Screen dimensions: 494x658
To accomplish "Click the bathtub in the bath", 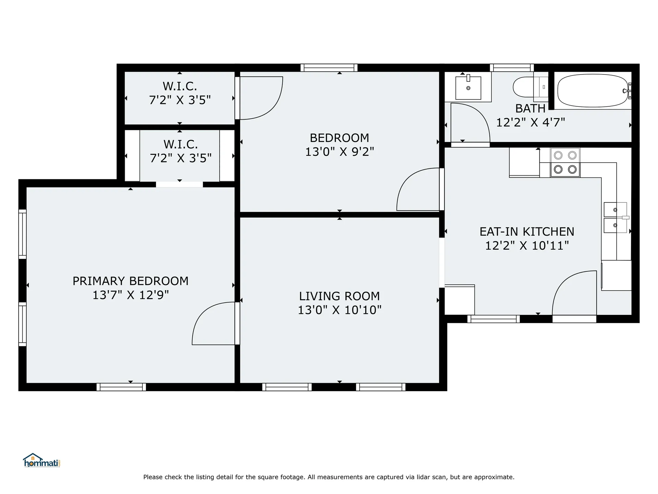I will [x=593, y=91].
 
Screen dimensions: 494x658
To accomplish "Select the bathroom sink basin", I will [x=468, y=88].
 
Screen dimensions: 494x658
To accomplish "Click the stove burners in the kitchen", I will [x=565, y=162].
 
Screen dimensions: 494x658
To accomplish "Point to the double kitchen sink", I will [x=615, y=217].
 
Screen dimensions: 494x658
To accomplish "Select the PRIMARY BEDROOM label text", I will [x=131, y=281].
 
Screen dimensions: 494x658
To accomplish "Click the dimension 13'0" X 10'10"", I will [x=339, y=310].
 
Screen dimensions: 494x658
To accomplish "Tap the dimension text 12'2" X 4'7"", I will [x=531, y=122].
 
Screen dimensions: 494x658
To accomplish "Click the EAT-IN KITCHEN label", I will [x=527, y=232].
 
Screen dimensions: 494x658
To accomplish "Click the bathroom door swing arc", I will [x=470, y=122].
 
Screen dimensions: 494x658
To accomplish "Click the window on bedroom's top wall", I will [x=329, y=68].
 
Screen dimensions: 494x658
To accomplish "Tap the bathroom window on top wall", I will [x=512, y=68].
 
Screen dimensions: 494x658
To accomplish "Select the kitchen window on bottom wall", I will [x=493, y=319].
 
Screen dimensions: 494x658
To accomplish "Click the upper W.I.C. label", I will [x=180, y=86].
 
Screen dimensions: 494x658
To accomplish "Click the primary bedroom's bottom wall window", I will [x=121, y=387].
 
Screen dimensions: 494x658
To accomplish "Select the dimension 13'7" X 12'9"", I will [x=131, y=295].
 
